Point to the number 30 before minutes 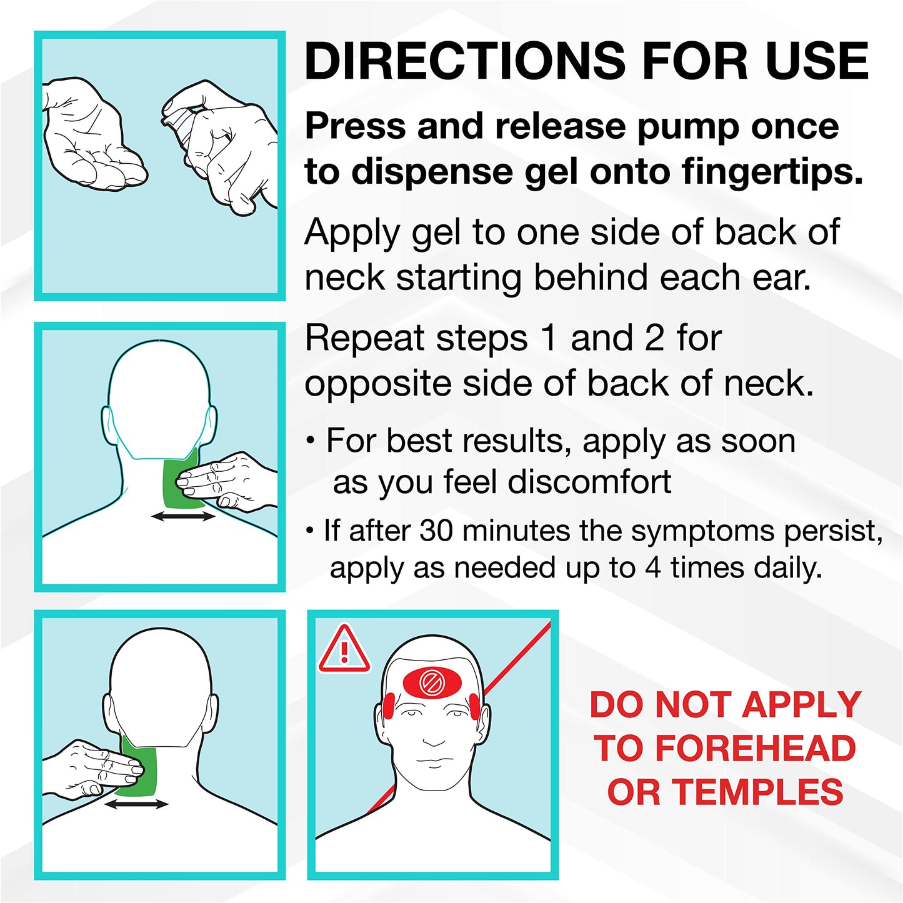coord(436,531)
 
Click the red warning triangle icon coord(344,649)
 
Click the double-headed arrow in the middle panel coord(182,516)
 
